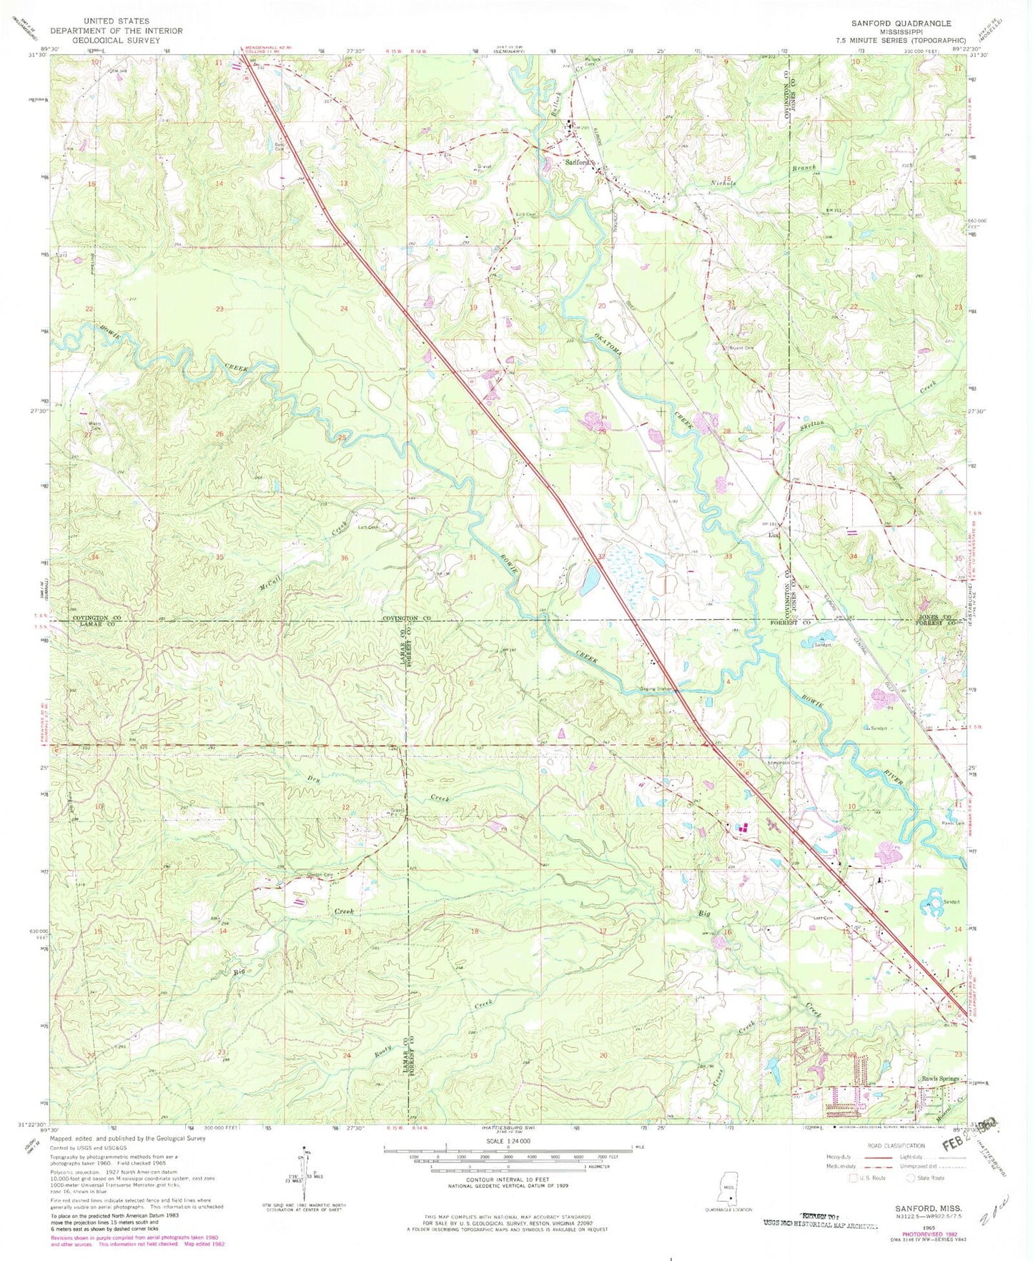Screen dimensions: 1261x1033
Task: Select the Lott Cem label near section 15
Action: [x=824, y=918]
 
